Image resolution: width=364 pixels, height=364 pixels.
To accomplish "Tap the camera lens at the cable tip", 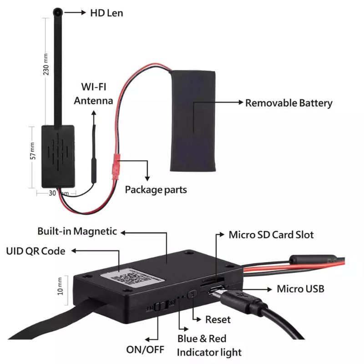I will (x=58, y=12).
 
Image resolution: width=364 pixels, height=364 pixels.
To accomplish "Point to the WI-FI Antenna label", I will (x=93, y=93).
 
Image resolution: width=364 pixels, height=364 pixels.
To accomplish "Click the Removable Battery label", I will (x=288, y=103).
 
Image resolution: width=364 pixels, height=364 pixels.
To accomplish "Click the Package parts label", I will (x=156, y=189).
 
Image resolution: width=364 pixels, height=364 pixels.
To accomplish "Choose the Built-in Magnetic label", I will (x=77, y=231).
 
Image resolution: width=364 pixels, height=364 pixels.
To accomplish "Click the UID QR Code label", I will (x=35, y=251).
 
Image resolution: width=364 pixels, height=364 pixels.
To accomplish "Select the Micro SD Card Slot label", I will (x=271, y=235).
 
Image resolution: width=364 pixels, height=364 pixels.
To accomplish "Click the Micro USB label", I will (x=300, y=288).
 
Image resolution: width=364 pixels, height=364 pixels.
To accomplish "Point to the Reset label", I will (x=218, y=319).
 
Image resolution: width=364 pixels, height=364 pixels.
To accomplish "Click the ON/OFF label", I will (x=145, y=349).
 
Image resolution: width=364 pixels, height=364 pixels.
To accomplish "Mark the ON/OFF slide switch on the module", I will (x=159, y=306).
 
